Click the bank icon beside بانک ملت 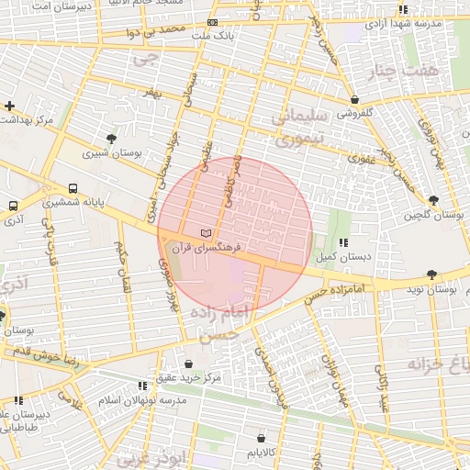click(x=213, y=22)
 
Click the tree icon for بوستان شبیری click(x=111, y=139)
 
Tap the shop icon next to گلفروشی click(x=354, y=100)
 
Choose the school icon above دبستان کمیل click(x=343, y=242)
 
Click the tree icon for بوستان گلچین click(x=433, y=200)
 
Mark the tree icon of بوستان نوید click(x=431, y=274)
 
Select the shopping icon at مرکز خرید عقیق click(x=189, y=364)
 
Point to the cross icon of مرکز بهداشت click(x=9, y=106)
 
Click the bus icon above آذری click(x=13, y=207)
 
